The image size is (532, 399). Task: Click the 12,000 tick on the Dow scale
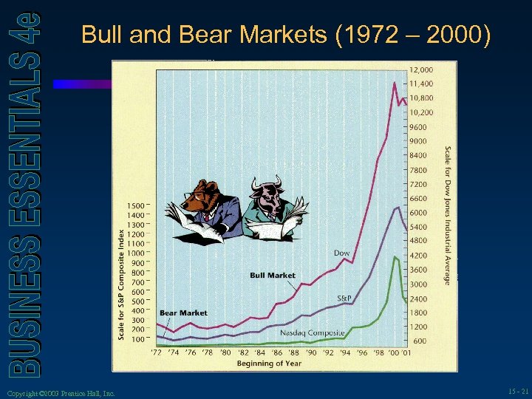[422, 69]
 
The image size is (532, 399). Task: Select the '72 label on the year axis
[157, 352]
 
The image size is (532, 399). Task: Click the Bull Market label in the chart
[273, 276]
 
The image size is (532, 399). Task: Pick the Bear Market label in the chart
[184, 313]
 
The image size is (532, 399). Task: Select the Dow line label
[341, 253]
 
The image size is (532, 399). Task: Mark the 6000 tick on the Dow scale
[418, 213]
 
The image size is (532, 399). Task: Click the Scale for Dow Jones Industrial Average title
[447, 214]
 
